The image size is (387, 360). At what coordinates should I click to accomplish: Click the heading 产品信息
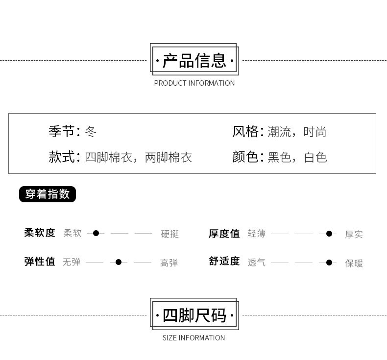(194, 61)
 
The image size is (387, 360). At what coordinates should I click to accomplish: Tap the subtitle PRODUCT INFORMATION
(194, 83)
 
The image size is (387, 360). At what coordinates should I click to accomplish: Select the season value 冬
(91, 131)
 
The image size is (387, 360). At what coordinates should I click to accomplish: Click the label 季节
(61, 131)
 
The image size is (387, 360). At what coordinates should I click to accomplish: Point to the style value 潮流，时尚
(297, 132)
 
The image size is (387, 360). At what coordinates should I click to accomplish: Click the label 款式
(61, 157)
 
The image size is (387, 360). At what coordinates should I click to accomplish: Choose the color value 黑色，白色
(297, 157)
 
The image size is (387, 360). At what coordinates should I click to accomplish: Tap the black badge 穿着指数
(48, 194)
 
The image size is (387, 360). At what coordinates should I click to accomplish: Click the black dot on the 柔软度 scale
(96, 233)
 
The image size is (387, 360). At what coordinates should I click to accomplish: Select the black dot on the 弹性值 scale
(119, 263)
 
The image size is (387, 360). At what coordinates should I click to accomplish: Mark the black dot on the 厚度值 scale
(329, 234)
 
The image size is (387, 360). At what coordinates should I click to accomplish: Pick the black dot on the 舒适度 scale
(329, 263)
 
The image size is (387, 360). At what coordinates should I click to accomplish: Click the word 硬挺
(170, 234)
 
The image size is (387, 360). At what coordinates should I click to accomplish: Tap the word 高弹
(169, 263)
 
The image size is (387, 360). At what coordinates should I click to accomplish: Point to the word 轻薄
(257, 234)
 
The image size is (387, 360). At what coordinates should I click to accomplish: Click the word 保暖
(354, 263)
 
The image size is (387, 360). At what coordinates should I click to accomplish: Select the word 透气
(257, 263)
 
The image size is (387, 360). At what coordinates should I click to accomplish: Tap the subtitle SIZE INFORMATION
(194, 338)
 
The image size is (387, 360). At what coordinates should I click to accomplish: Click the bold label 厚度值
(224, 234)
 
